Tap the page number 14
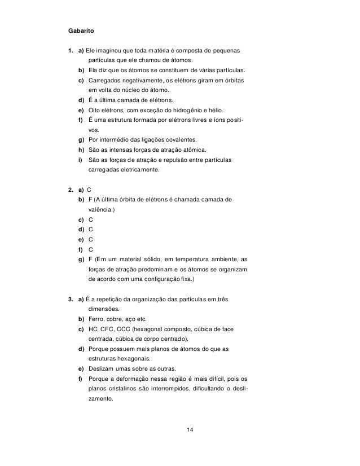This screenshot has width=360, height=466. click(x=190, y=431)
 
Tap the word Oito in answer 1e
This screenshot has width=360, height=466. click(x=95, y=110)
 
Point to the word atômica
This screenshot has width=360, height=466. click(x=193, y=150)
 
